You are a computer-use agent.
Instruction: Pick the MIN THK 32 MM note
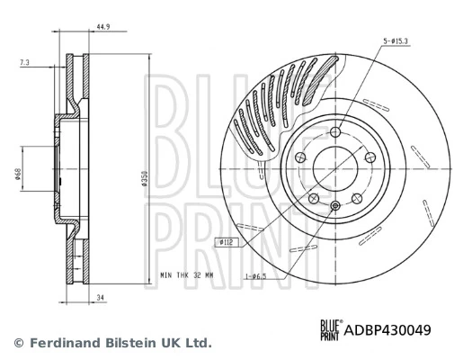pos(186,274)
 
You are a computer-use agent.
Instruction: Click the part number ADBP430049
pos(387,330)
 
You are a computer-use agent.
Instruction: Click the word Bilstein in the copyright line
pos(126,343)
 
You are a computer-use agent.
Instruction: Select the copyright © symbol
pos(17,343)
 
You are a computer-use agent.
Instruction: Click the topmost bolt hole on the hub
pos(334,133)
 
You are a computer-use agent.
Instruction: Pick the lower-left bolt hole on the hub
pos(313,198)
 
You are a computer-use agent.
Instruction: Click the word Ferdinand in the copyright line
pos(61,343)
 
